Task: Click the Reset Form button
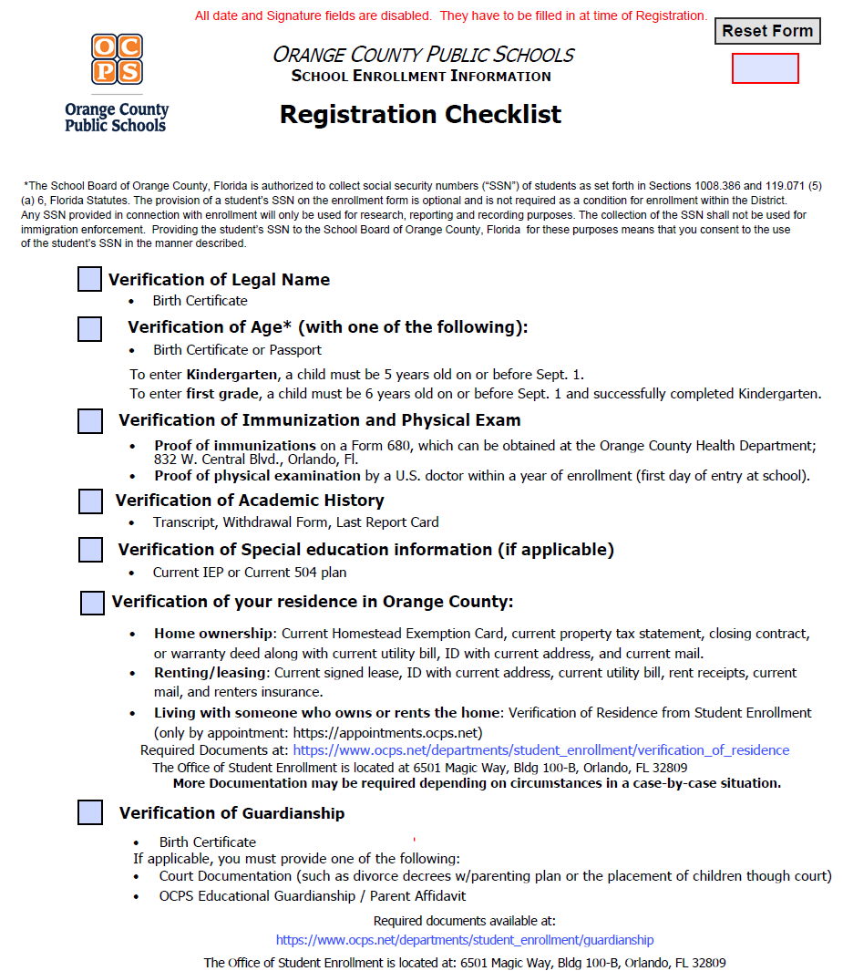click(x=767, y=31)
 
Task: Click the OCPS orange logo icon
click(x=117, y=58)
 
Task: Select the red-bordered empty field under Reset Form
click(x=765, y=68)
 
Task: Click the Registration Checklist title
click(x=420, y=115)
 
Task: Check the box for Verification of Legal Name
click(x=89, y=280)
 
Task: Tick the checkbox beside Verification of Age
click(x=89, y=329)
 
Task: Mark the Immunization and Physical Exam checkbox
click(x=89, y=421)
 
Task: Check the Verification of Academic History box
click(x=90, y=501)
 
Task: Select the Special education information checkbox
click(x=90, y=550)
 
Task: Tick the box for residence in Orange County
click(x=92, y=603)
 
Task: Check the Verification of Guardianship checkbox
click(x=90, y=812)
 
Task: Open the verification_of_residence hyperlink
click(x=540, y=750)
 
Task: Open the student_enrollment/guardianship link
click(x=465, y=940)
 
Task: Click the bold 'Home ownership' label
click(x=213, y=633)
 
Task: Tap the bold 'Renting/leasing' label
click(x=210, y=673)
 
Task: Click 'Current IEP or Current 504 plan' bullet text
click(x=249, y=573)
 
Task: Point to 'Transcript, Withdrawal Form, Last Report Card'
click(x=295, y=522)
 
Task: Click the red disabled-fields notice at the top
click(x=450, y=15)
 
